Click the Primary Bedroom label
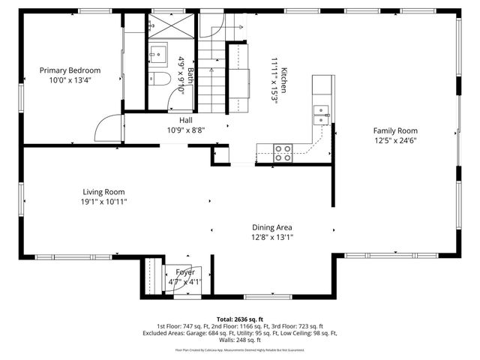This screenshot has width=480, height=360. point(70,70)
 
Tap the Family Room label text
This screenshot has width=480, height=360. point(396,130)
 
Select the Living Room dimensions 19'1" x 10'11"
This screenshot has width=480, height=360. point(103,202)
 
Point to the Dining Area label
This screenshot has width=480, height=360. point(271,227)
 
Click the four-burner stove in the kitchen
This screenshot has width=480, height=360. point(283,153)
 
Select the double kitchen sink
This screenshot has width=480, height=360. point(321,114)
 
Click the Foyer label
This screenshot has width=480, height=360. point(184,272)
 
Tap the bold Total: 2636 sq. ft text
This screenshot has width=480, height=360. point(240,319)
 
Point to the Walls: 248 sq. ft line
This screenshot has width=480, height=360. point(240,341)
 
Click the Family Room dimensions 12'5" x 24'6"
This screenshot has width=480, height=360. point(396,139)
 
